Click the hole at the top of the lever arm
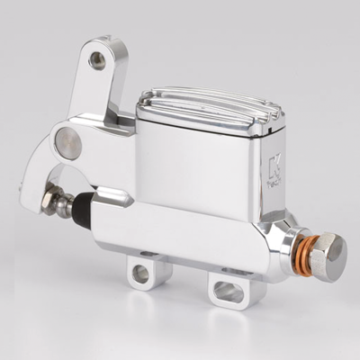click(97, 61)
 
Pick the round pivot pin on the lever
click(67, 141)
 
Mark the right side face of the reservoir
click(268, 180)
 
